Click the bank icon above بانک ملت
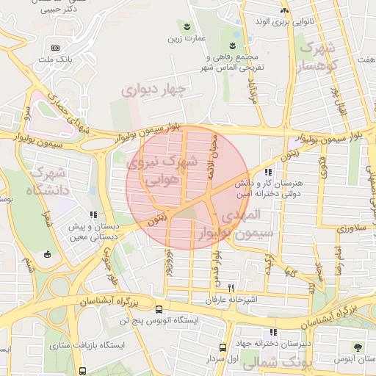[x=56, y=48]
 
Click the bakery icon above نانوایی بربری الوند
[x=284, y=10]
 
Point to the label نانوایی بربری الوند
[x=304, y=22]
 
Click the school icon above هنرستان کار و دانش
[x=268, y=171]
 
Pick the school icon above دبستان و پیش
[x=93, y=215]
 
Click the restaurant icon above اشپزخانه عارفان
[x=232, y=288]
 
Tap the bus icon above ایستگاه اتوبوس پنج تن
[x=138, y=311]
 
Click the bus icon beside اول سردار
[x=223, y=348]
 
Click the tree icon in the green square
[x=358, y=347]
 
